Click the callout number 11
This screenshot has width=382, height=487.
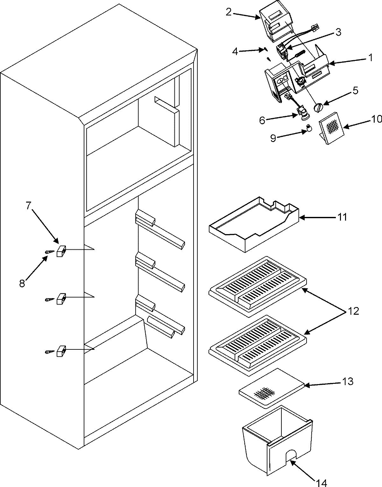pos(342,217)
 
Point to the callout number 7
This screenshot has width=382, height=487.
pos(29,206)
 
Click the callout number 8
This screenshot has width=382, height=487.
pos(22,283)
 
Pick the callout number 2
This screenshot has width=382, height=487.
pos(229,12)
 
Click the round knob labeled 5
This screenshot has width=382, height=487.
pos(318,108)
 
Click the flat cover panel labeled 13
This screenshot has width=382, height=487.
pos(271,388)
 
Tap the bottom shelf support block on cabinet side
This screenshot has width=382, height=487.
pos(61,351)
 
